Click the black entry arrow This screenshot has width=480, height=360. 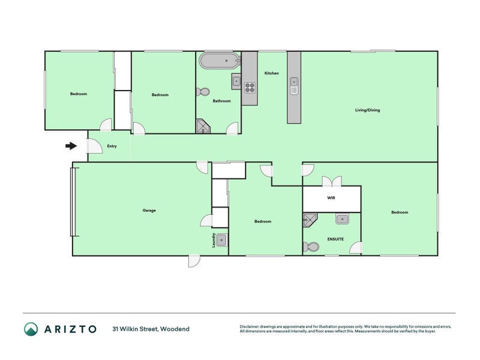tap(71, 146)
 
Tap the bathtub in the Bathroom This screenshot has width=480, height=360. tap(218, 61)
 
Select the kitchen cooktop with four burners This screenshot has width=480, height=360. tap(250, 88)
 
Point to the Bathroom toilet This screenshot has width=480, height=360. tap(203, 92)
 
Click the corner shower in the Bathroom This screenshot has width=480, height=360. tap(203, 126)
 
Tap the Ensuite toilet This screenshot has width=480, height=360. tap(311, 247)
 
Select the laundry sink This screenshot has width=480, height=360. tap(222, 241)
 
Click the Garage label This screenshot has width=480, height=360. tap(149, 211)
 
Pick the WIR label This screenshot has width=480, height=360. tap(331, 198)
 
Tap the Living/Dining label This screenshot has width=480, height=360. tap(367, 110)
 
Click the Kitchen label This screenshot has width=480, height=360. tap(272, 73)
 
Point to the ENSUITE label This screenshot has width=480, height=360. tap(335, 239)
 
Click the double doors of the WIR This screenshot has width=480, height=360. tap(332, 181)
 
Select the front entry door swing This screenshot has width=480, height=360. tap(94, 146)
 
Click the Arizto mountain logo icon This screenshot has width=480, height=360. tap(31, 329)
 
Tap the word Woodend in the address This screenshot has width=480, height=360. tap(175, 329)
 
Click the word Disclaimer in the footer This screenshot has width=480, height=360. tap(249, 326)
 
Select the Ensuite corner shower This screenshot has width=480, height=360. tap(310, 220)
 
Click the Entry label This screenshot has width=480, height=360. tap(112, 146)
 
